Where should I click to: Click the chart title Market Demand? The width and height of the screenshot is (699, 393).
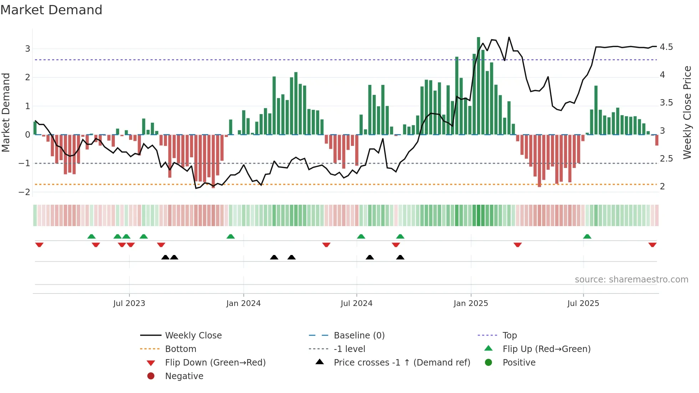pyautogui.click(x=51, y=10)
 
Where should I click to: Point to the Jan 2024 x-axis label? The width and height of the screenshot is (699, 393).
pyautogui.click(x=243, y=303)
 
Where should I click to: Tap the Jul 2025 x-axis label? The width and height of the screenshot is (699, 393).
pyautogui.click(x=583, y=303)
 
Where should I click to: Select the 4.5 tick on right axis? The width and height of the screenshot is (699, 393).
pyautogui.click(x=666, y=47)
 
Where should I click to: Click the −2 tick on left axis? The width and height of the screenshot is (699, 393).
pyautogui.click(x=24, y=192)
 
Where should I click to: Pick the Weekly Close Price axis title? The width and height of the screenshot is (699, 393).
pyautogui.click(x=687, y=112)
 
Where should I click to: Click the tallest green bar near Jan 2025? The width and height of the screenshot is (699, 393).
pyautogui.click(x=478, y=86)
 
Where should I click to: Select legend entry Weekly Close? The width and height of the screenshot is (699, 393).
pyautogui.click(x=193, y=335)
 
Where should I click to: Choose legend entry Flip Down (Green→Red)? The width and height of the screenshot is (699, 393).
pyautogui.click(x=215, y=362)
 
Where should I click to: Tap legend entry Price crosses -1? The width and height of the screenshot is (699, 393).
pyautogui.click(x=402, y=362)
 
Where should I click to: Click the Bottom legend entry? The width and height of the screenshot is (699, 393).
pyautogui.click(x=180, y=349)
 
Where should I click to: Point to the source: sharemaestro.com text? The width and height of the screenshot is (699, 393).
pyautogui.click(x=631, y=279)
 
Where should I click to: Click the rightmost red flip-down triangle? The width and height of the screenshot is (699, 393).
pyautogui.click(x=652, y=245)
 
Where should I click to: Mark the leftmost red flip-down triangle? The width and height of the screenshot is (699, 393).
pyautogui.click(x=39, y=245)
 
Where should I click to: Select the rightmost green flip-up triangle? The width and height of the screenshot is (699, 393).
pyautogui.click(x=587, y=236)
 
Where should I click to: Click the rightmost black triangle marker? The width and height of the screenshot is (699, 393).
pyautogui.click(x=400, y=257)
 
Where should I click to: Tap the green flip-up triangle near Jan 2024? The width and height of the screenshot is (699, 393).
pyautogui.click(x=230, y=236)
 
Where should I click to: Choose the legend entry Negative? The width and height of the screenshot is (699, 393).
pyautogui.click(x=184, y=376)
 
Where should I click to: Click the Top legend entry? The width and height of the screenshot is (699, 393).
pyautogui.click(x=510, y=335)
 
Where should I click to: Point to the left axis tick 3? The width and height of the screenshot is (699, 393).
pyautogui.click(x=27, y=49)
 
